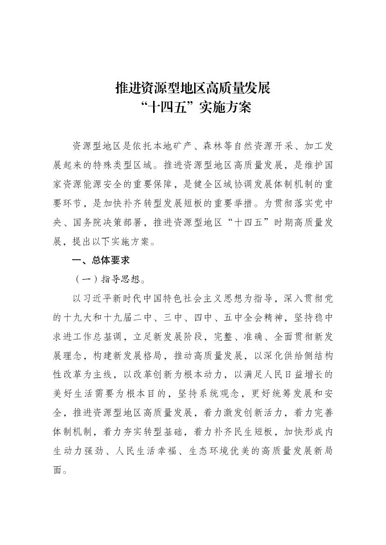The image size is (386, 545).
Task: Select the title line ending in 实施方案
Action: coord(193,108)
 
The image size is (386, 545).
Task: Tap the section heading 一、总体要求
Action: coord(99,261)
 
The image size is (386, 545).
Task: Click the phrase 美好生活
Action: coord(73,394)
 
